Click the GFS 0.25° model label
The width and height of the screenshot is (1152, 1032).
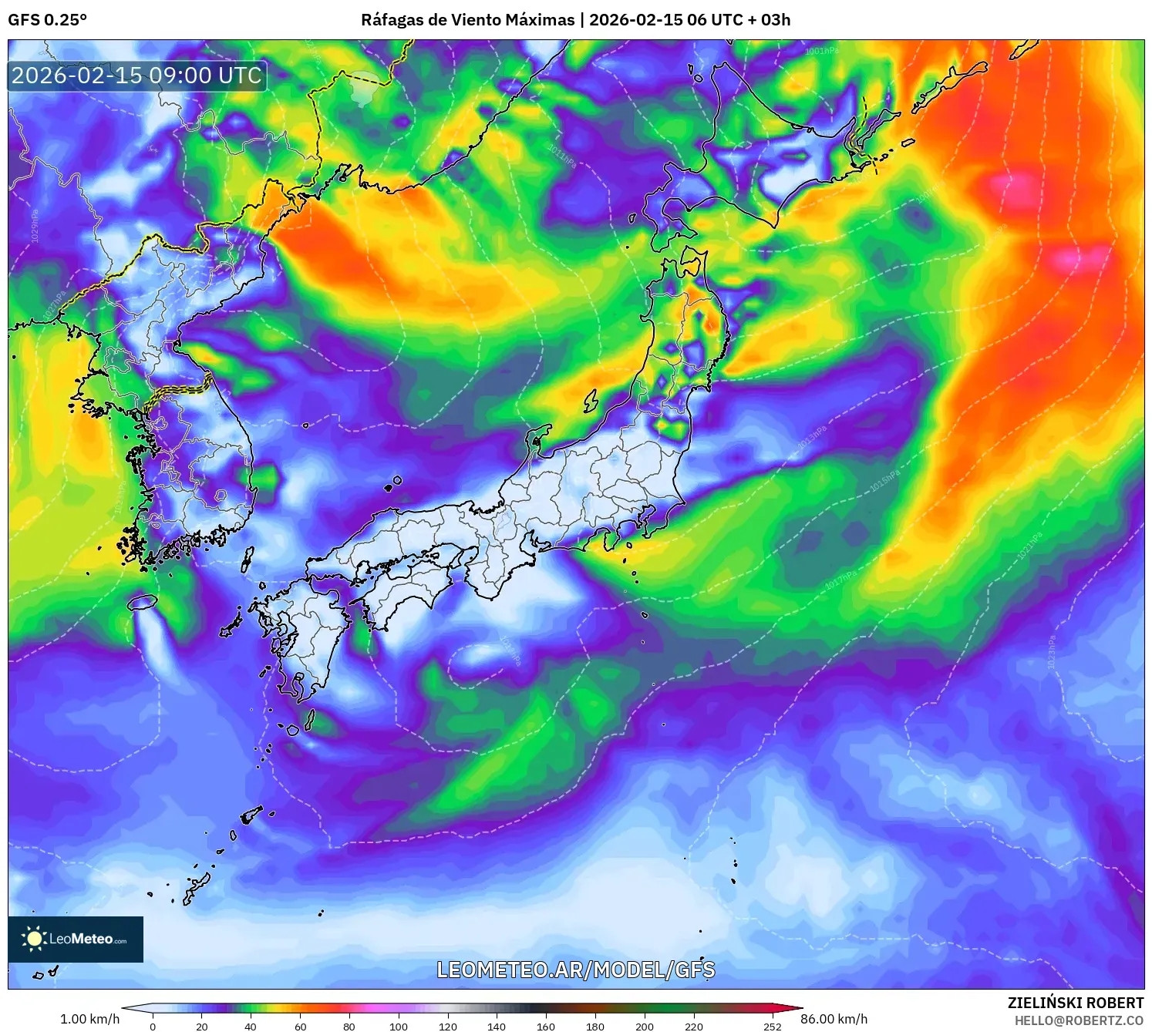coord(47,20)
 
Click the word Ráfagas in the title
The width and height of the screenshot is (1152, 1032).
coord(392,20)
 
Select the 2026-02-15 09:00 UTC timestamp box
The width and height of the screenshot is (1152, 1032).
coord(137,76)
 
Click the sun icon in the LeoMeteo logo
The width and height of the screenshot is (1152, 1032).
coord(34,938)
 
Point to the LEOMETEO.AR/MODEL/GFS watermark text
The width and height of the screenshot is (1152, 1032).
coord(575,970)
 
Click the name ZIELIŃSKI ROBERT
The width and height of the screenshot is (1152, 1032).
coord(1075,1003)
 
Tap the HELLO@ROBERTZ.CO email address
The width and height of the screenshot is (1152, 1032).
coord(1078,1020)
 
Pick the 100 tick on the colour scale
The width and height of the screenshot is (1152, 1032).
coord(398,1026)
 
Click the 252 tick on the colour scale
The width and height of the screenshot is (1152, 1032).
coord(773,1026)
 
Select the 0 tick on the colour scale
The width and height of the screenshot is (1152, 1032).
coord(153,1026)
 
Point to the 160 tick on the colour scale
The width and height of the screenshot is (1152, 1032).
coord(545,1026)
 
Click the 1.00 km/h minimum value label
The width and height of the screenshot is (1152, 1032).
coord(89,1019)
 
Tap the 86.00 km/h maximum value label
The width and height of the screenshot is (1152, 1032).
coord(834,1019)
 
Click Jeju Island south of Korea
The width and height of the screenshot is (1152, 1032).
coord(143,601)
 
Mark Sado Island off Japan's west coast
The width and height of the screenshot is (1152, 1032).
coord(591,401)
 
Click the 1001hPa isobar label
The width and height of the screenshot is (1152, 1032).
coord(821,52)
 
